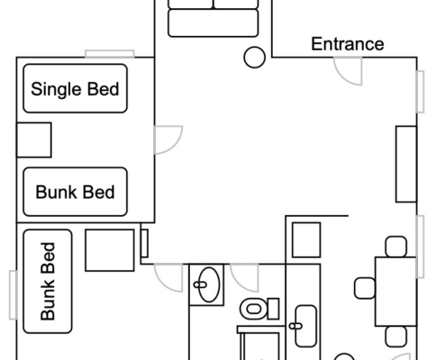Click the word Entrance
pos(348,44)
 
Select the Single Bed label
pos(75,89)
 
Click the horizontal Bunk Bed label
pos(75,192)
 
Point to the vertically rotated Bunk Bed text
pos(48,282)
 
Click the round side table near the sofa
pos(254,58)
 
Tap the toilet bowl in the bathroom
pos(254,309)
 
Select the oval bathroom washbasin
pos(209,284)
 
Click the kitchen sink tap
pos(296,326)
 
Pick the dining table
pos(396,292)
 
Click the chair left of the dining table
pos(365,288)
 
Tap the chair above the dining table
pos(396,247)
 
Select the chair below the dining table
pos(396,337)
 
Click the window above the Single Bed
pos(110,54)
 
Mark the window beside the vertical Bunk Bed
pos(13,295)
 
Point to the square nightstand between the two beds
pos(34,139)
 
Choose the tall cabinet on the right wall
pos(406,164)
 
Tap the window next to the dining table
pos(421,247)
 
